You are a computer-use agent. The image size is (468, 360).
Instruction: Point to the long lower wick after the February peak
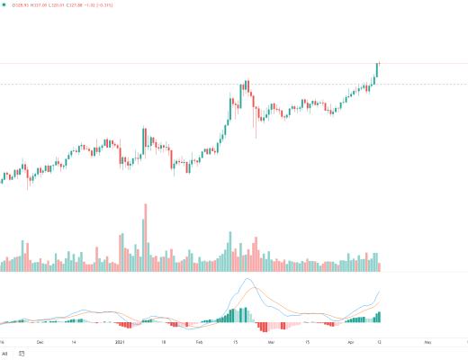coord(256,131)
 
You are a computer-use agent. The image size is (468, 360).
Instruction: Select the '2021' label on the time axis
coord(120,343)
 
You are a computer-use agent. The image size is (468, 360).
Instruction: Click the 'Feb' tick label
coord(200,343)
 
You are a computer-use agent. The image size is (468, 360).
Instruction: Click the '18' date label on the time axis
coord(163,343)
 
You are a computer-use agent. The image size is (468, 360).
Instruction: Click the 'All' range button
coord(5,355)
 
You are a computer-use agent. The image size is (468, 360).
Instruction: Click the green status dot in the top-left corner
coord(5,4)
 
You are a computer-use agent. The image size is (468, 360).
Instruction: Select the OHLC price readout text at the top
coord(67,4)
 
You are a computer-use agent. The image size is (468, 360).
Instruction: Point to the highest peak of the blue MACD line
coord(245,279)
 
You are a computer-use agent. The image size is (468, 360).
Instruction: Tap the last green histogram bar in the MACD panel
coord(379,316)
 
